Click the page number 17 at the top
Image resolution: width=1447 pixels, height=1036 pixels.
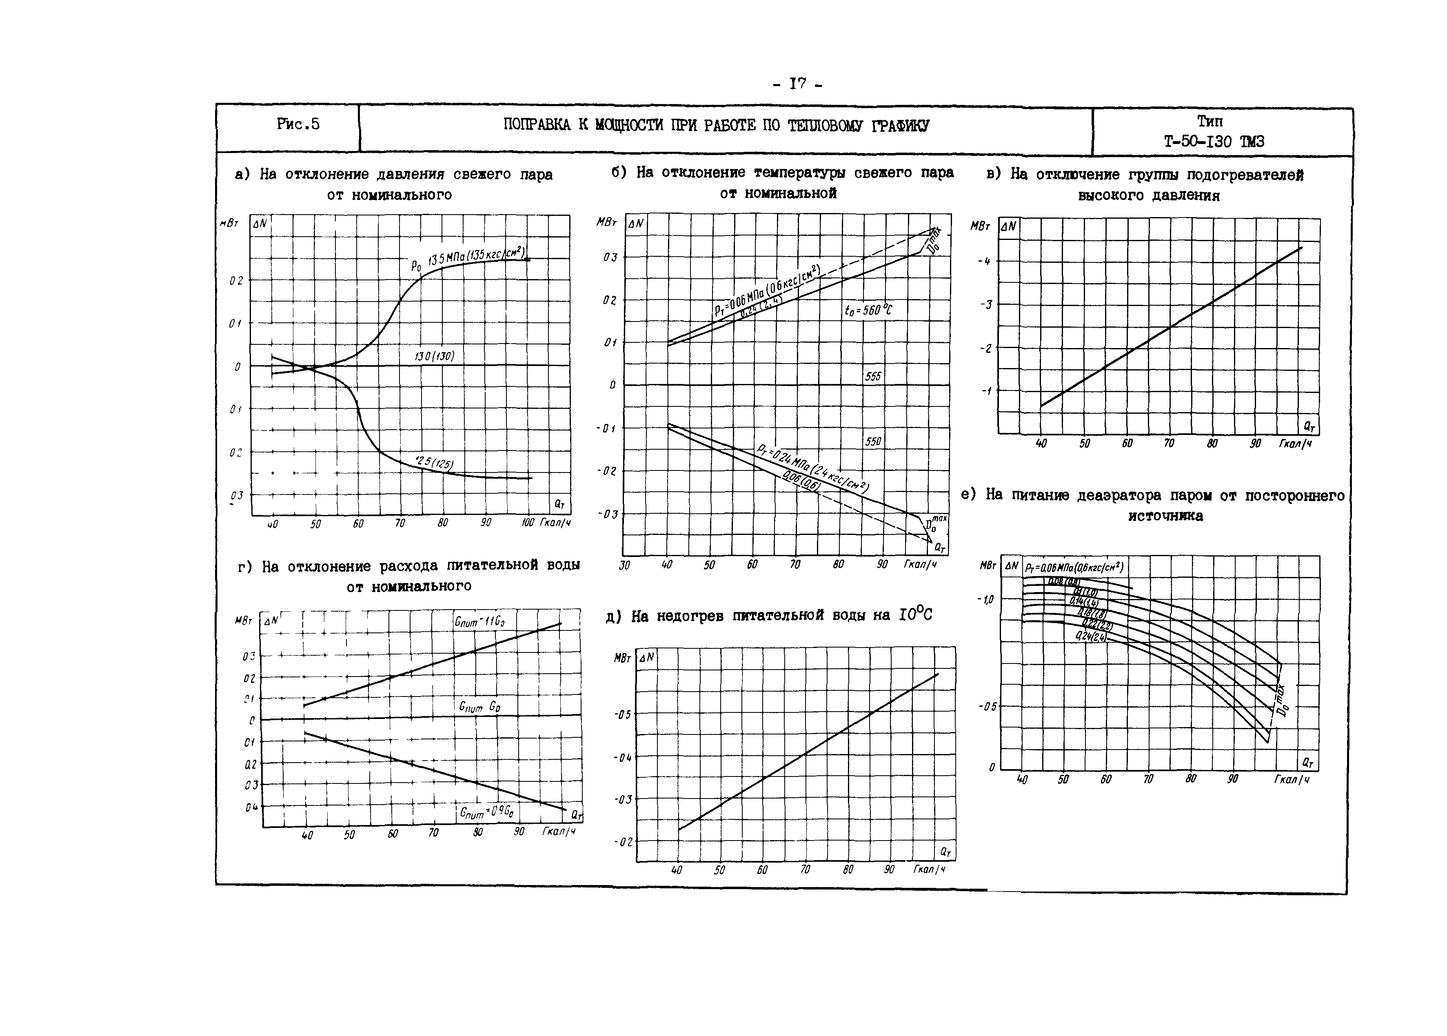[797, 84]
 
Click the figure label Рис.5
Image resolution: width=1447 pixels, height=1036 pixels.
[298, 124]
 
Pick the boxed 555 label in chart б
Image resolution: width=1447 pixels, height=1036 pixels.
[873, 376]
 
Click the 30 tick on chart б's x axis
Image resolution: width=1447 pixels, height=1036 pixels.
[625, 565]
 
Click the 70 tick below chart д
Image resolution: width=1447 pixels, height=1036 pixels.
[805, 870]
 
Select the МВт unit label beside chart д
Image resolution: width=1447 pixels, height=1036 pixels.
[622, 658]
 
